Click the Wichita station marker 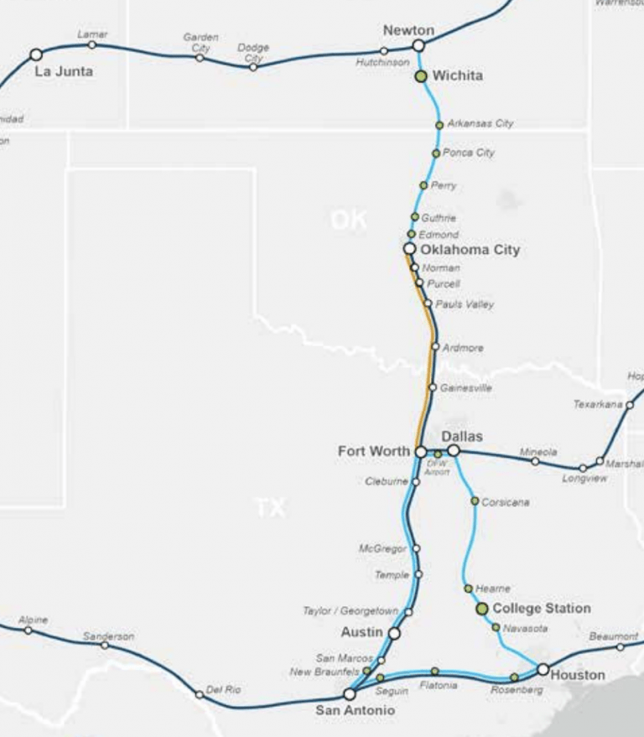point(421,76)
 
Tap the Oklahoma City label point(470,250)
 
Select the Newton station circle point(418,45)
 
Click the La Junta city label point(63,72)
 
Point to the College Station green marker point(482,609)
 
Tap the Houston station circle point(543,669)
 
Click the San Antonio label point(355,711)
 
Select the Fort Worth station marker point(420,452)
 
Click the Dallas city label point(462,437)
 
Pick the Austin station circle point(394,633)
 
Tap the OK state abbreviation point(348,221)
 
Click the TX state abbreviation point(270,507)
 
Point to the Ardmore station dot point(435,346)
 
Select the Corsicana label point(505,502)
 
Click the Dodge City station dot point(253,67)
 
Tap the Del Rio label point(223,690)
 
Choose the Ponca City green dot point(436,153)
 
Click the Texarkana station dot point(630,405)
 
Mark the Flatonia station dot point(434,671)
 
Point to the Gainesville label point(465,388)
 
